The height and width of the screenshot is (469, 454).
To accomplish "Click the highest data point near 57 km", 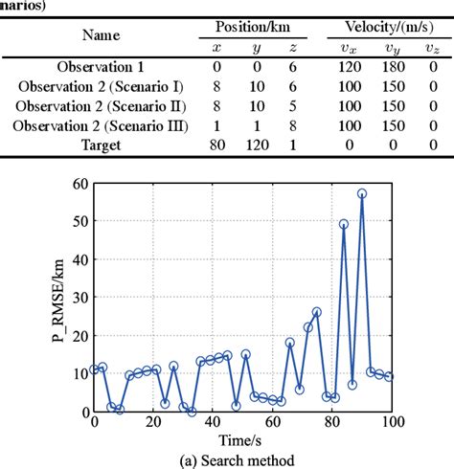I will coord(362,193).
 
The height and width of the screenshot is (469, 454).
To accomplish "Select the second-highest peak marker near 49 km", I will coord(344,224).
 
